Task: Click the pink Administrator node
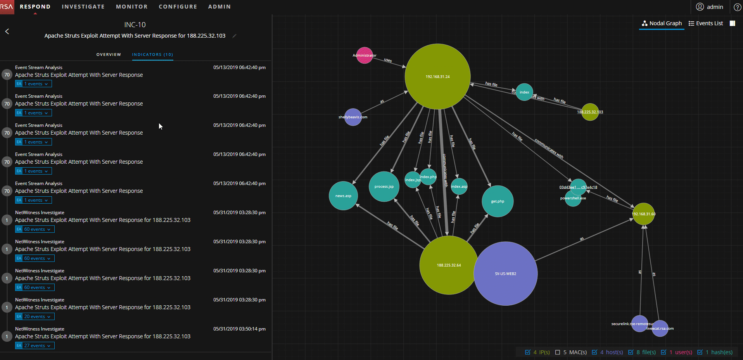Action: point(364,55)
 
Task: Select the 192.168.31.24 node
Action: point(437,76)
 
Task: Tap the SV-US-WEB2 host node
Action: point(505,273)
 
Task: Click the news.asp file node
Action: point(343,196)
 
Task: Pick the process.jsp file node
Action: point(384,187)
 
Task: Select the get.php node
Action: point(498,201)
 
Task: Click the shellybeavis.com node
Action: point(353,117)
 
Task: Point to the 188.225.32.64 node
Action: point(449,265)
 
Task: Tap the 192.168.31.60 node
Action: point(644,214)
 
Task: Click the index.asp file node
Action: point(459,187)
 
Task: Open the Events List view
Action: point(706,23)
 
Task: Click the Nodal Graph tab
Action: point(662,23)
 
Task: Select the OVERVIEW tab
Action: point(109,55)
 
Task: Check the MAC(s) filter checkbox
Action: point(558,352)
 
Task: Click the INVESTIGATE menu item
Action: point(83,7)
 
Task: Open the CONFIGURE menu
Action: point(178,7)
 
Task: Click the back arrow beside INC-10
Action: point(7,31)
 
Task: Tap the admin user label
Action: point(715,7)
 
